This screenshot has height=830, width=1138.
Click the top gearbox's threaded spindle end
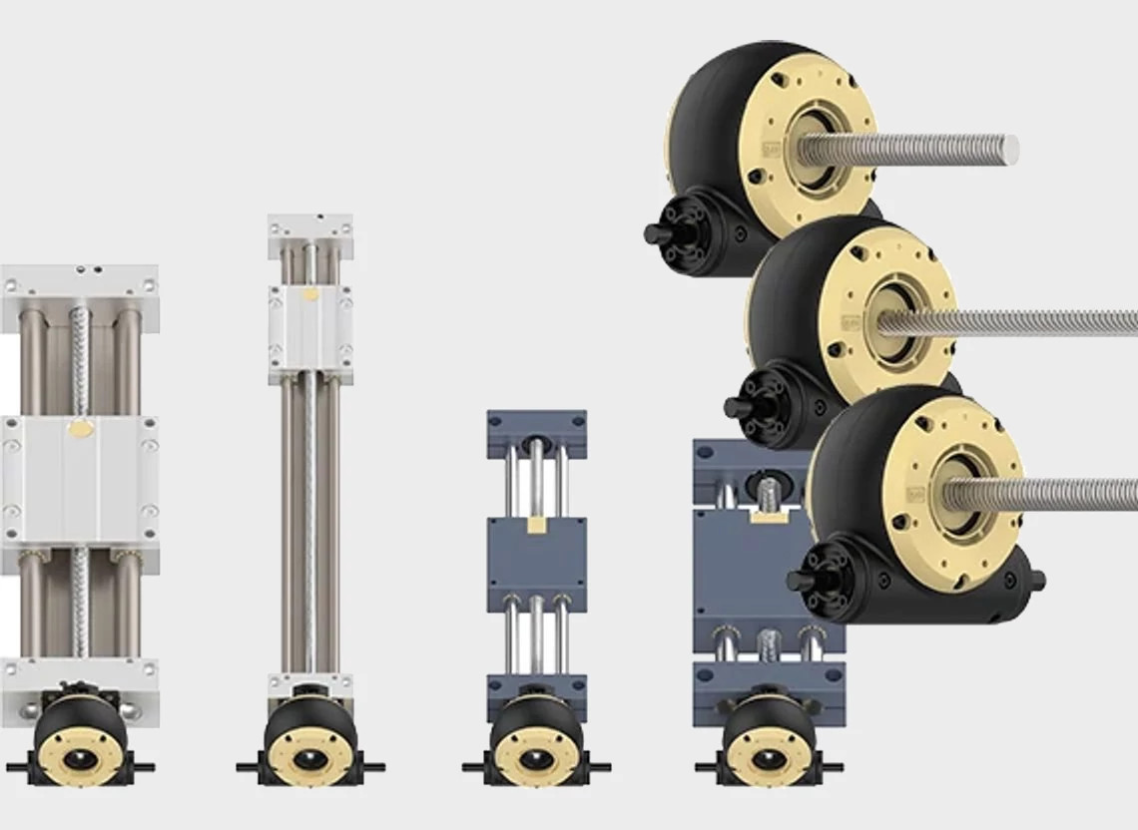1008,150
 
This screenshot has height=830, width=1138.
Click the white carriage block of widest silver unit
80,479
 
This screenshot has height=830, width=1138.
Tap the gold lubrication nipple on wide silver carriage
80,429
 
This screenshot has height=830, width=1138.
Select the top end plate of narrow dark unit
536,431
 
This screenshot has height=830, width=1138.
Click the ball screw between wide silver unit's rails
80,359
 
